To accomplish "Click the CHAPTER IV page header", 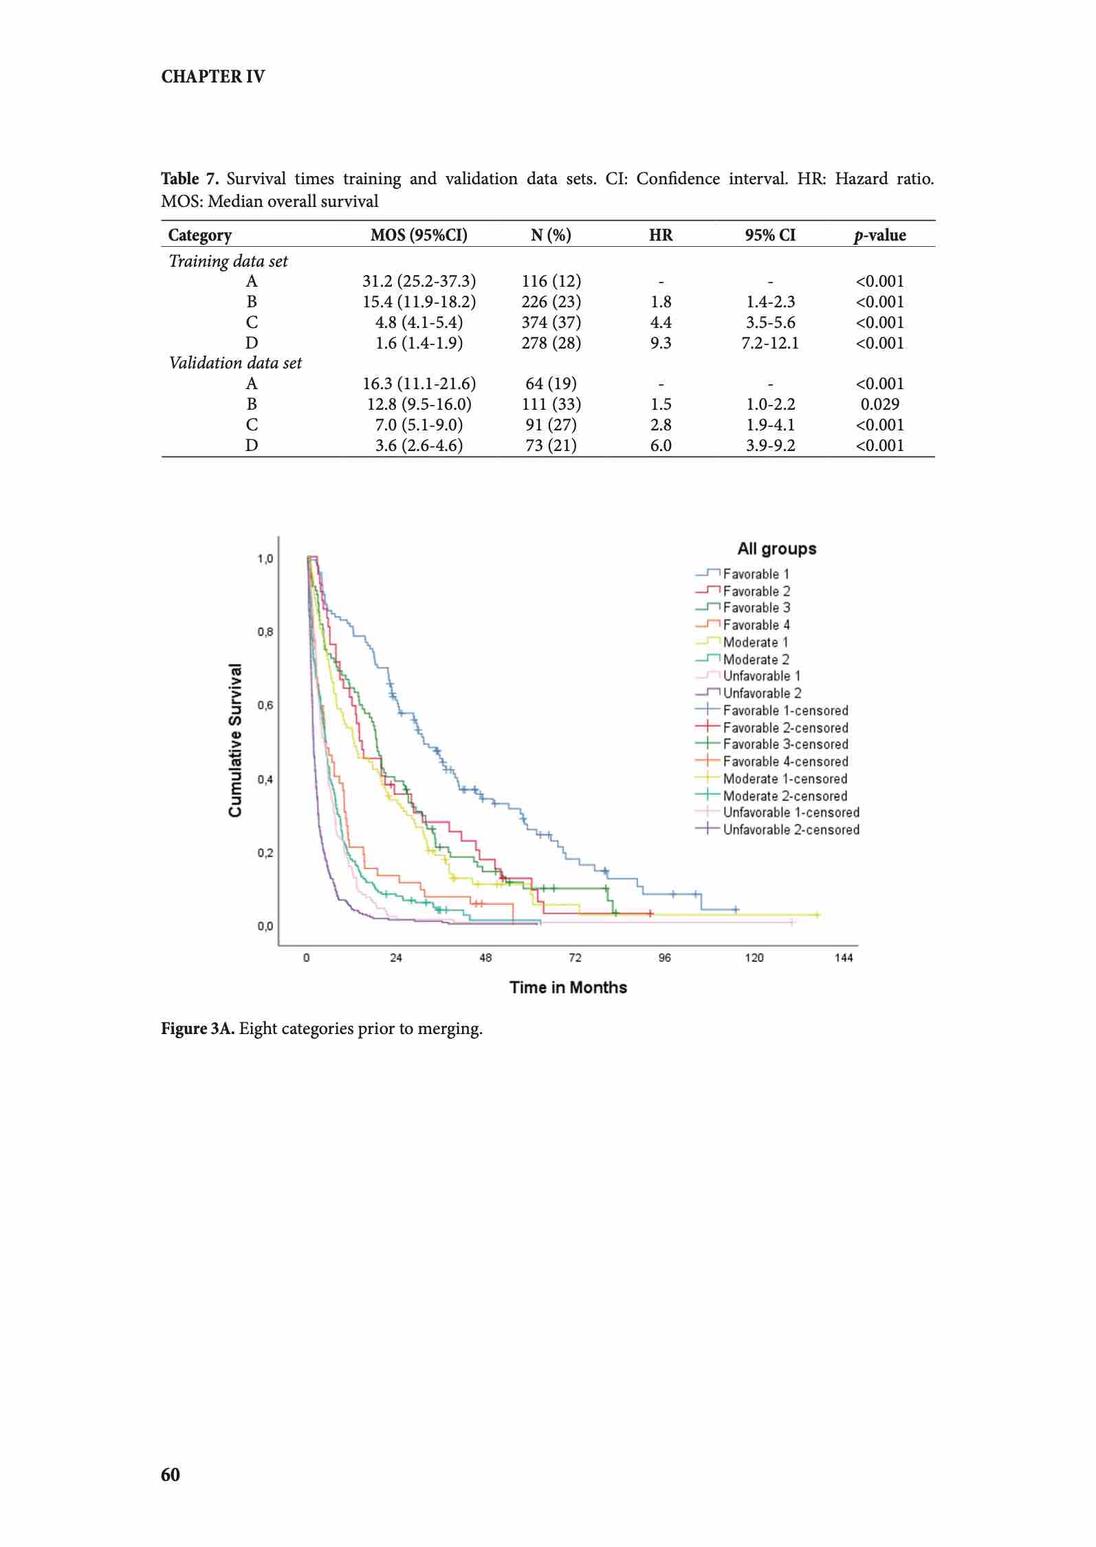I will click(212, 76).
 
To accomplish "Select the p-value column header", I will click(879, 235).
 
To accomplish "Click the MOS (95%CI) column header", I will click(418, 235).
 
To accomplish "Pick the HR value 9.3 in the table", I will click(660, 342).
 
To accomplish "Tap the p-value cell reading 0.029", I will click(879, 404).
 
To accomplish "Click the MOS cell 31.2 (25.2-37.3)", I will click(419, 281).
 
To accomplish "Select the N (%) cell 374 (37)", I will click(551, 322).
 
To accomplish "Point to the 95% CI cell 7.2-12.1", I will click(770, 342).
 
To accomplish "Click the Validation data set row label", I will click(235, 363).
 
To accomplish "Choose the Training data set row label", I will click(228, 261).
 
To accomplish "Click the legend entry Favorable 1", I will click(756, 574).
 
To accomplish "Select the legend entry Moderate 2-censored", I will click(785, 796).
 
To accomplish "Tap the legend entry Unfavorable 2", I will click(762, 693).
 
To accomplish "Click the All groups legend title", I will click(777, 549).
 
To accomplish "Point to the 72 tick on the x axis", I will click(575, 958).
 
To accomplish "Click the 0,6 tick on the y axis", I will click(265, 705).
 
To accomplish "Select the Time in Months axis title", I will click(568, 987).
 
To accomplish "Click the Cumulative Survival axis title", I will click(236, 740).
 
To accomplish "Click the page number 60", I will click(171, 1474).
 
